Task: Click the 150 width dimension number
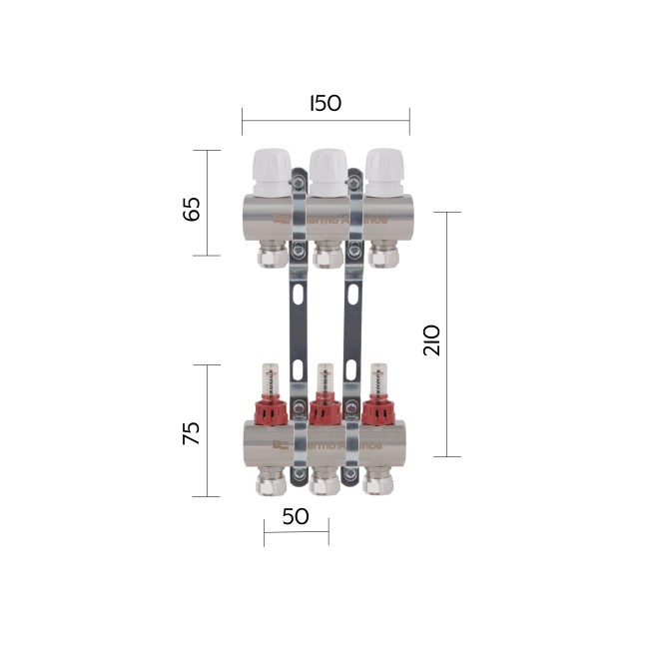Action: [325, 103]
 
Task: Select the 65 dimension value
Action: [192, 209]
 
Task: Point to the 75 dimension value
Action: [192, 431]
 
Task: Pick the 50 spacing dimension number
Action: [296, 516]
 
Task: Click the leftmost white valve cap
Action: [270, 172]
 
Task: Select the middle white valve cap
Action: [326, 172]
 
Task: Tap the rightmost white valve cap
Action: [383, 172]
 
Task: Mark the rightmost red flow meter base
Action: [381, 408]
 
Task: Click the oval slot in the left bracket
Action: [299, 296]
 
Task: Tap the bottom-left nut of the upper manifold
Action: [270, 257]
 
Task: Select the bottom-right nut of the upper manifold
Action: [381, 257]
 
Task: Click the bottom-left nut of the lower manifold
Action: [270, 484]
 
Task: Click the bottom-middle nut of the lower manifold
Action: [325, 484]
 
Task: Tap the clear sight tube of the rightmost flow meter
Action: [381, 378]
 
